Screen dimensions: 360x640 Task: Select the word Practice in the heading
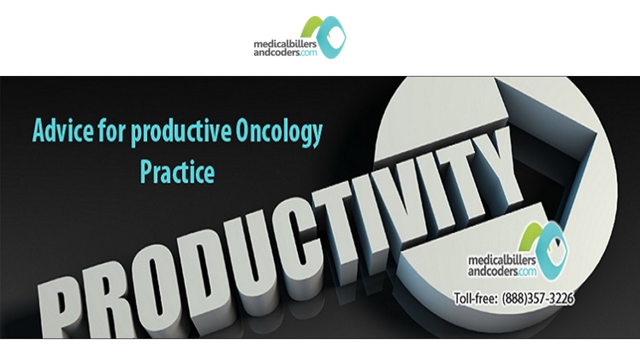[x=177, y=171]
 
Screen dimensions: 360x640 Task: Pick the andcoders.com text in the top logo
[x=284, y=52]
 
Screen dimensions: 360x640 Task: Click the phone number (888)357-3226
[x=537, y=298]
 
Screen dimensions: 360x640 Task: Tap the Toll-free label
[x=475, y=298]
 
